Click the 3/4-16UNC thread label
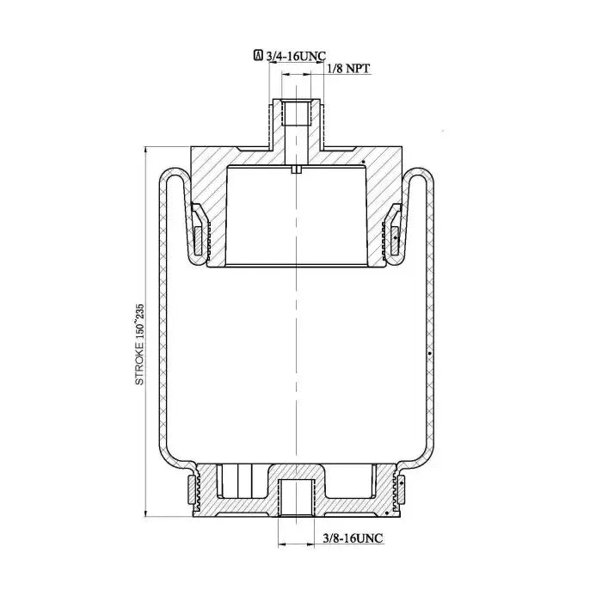296,56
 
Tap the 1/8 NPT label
348,68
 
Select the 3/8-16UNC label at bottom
353,537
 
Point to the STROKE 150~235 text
139,344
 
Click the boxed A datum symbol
258,55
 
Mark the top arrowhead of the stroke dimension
145,150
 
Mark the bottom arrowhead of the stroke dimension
145,513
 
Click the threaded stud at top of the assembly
297,123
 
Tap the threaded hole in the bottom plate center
297,497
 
